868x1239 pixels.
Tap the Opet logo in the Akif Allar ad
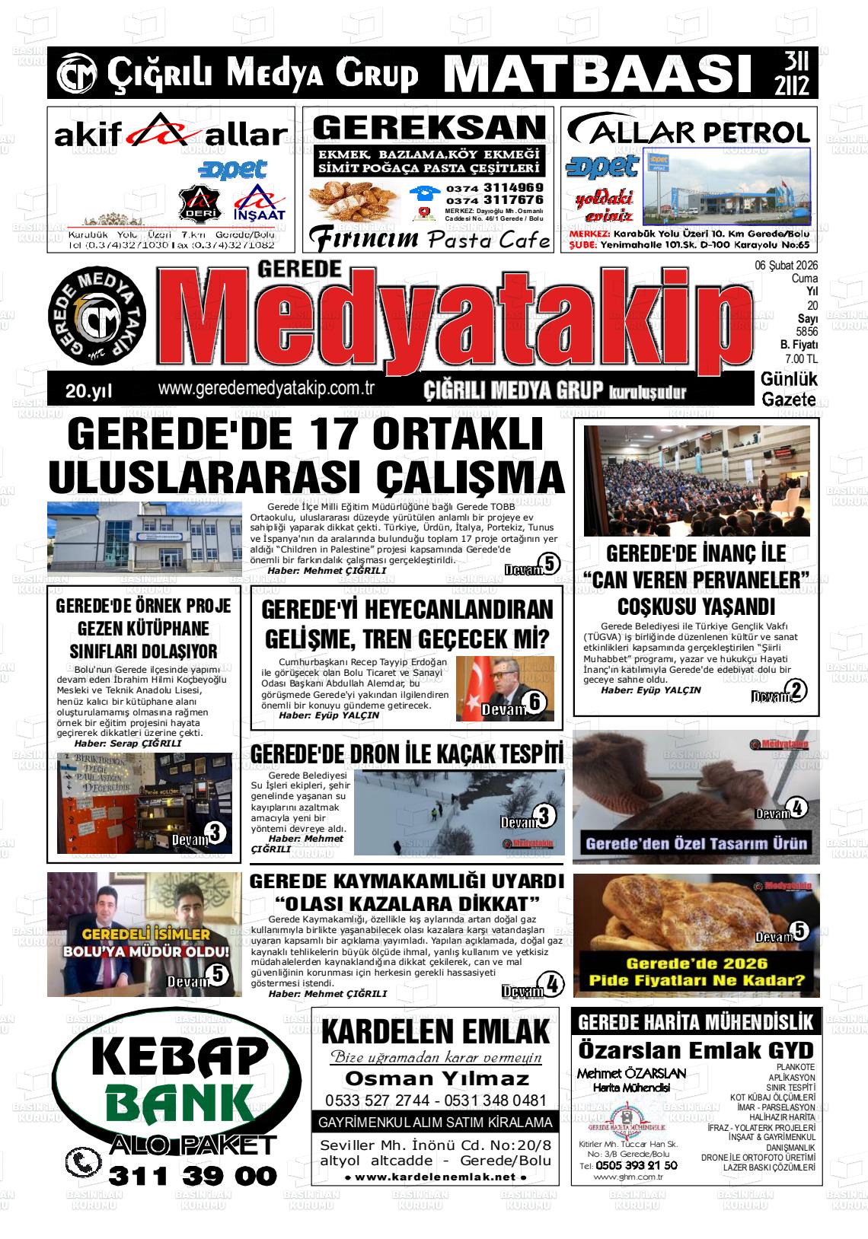[x=232, y=168]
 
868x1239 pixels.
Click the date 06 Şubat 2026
[x=786, y=266]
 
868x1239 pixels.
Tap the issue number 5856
[x=806, y=332]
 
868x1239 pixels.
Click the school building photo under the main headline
[x=144, y=537]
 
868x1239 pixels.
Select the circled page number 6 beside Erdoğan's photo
[x=535, y=702]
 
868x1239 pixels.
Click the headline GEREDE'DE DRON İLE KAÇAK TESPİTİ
[x=407, y=753]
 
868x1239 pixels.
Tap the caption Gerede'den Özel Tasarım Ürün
[x=696, y=843]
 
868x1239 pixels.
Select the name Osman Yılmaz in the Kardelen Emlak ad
[x=436, y=1078]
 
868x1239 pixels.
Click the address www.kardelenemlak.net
[x=436, y=1177]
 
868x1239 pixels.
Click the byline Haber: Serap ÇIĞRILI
[x=127, y=743]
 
